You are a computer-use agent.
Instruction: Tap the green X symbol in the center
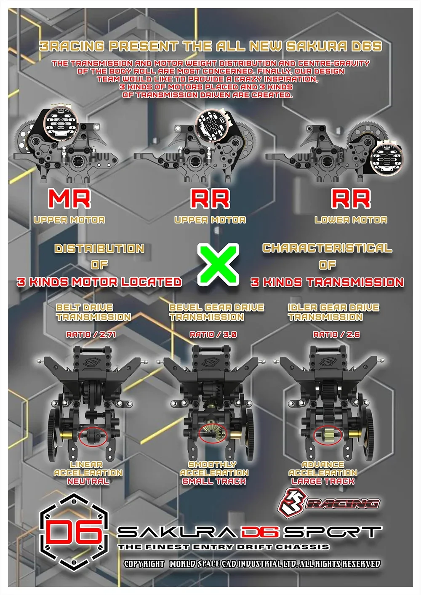(218, 264)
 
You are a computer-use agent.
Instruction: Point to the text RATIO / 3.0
(213, 334)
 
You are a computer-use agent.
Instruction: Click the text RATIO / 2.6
(336, 334)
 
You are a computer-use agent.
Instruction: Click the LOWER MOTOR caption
(351, 220)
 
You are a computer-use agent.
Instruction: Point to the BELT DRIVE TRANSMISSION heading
(93, 312)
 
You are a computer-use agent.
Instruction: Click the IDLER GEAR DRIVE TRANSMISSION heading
(333, 312)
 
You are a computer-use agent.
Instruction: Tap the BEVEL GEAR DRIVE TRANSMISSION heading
(216, 312)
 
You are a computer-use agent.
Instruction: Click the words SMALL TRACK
(214, 481)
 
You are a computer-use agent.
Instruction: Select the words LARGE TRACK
(323, 481)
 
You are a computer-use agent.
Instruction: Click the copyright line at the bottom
(252, 564)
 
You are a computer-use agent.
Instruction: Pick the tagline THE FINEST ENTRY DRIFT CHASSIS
(224, 547)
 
